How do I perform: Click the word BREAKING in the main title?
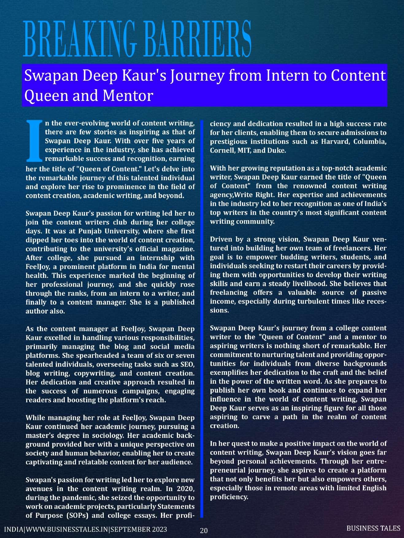click(x=79, y=39)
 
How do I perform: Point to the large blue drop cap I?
click(x=34, y=141)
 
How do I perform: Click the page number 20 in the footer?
click(x=204, y=531)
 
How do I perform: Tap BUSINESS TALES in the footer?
click(x=373, y=528)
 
